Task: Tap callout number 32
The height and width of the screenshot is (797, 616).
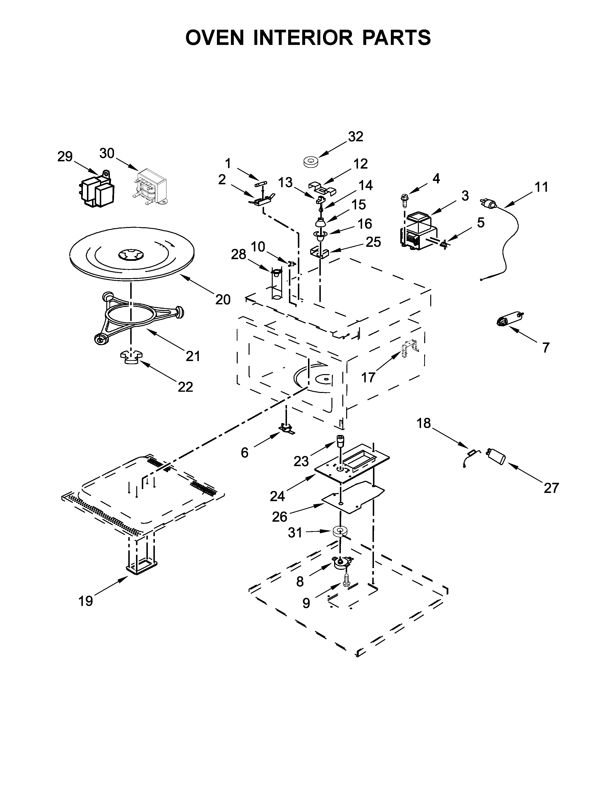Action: pos(355,136)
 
